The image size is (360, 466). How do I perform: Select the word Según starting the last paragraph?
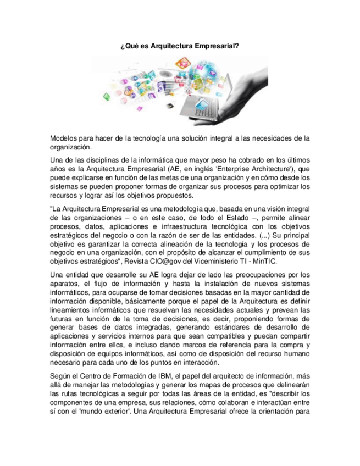(61, 375)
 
